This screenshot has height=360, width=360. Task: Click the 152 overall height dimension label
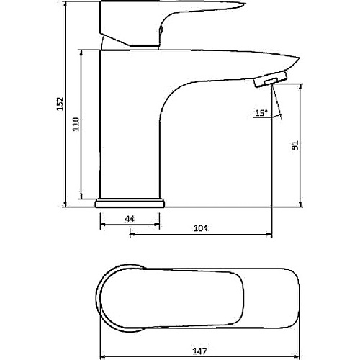tap(60, 104)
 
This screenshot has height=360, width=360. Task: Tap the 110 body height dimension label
tap(76, 124)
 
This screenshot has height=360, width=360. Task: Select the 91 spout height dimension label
tap(295, 145)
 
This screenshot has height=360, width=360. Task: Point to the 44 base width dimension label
tap(130, 219)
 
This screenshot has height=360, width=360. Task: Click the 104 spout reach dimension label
tap(201, 228)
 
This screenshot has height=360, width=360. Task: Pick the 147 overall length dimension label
tap(199, 351)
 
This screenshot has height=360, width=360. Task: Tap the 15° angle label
tap(261, 113)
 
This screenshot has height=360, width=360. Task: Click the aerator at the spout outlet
tap(271, 79)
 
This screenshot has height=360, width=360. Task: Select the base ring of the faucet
tap(130, 203)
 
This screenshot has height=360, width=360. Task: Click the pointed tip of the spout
tap(299, 58)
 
